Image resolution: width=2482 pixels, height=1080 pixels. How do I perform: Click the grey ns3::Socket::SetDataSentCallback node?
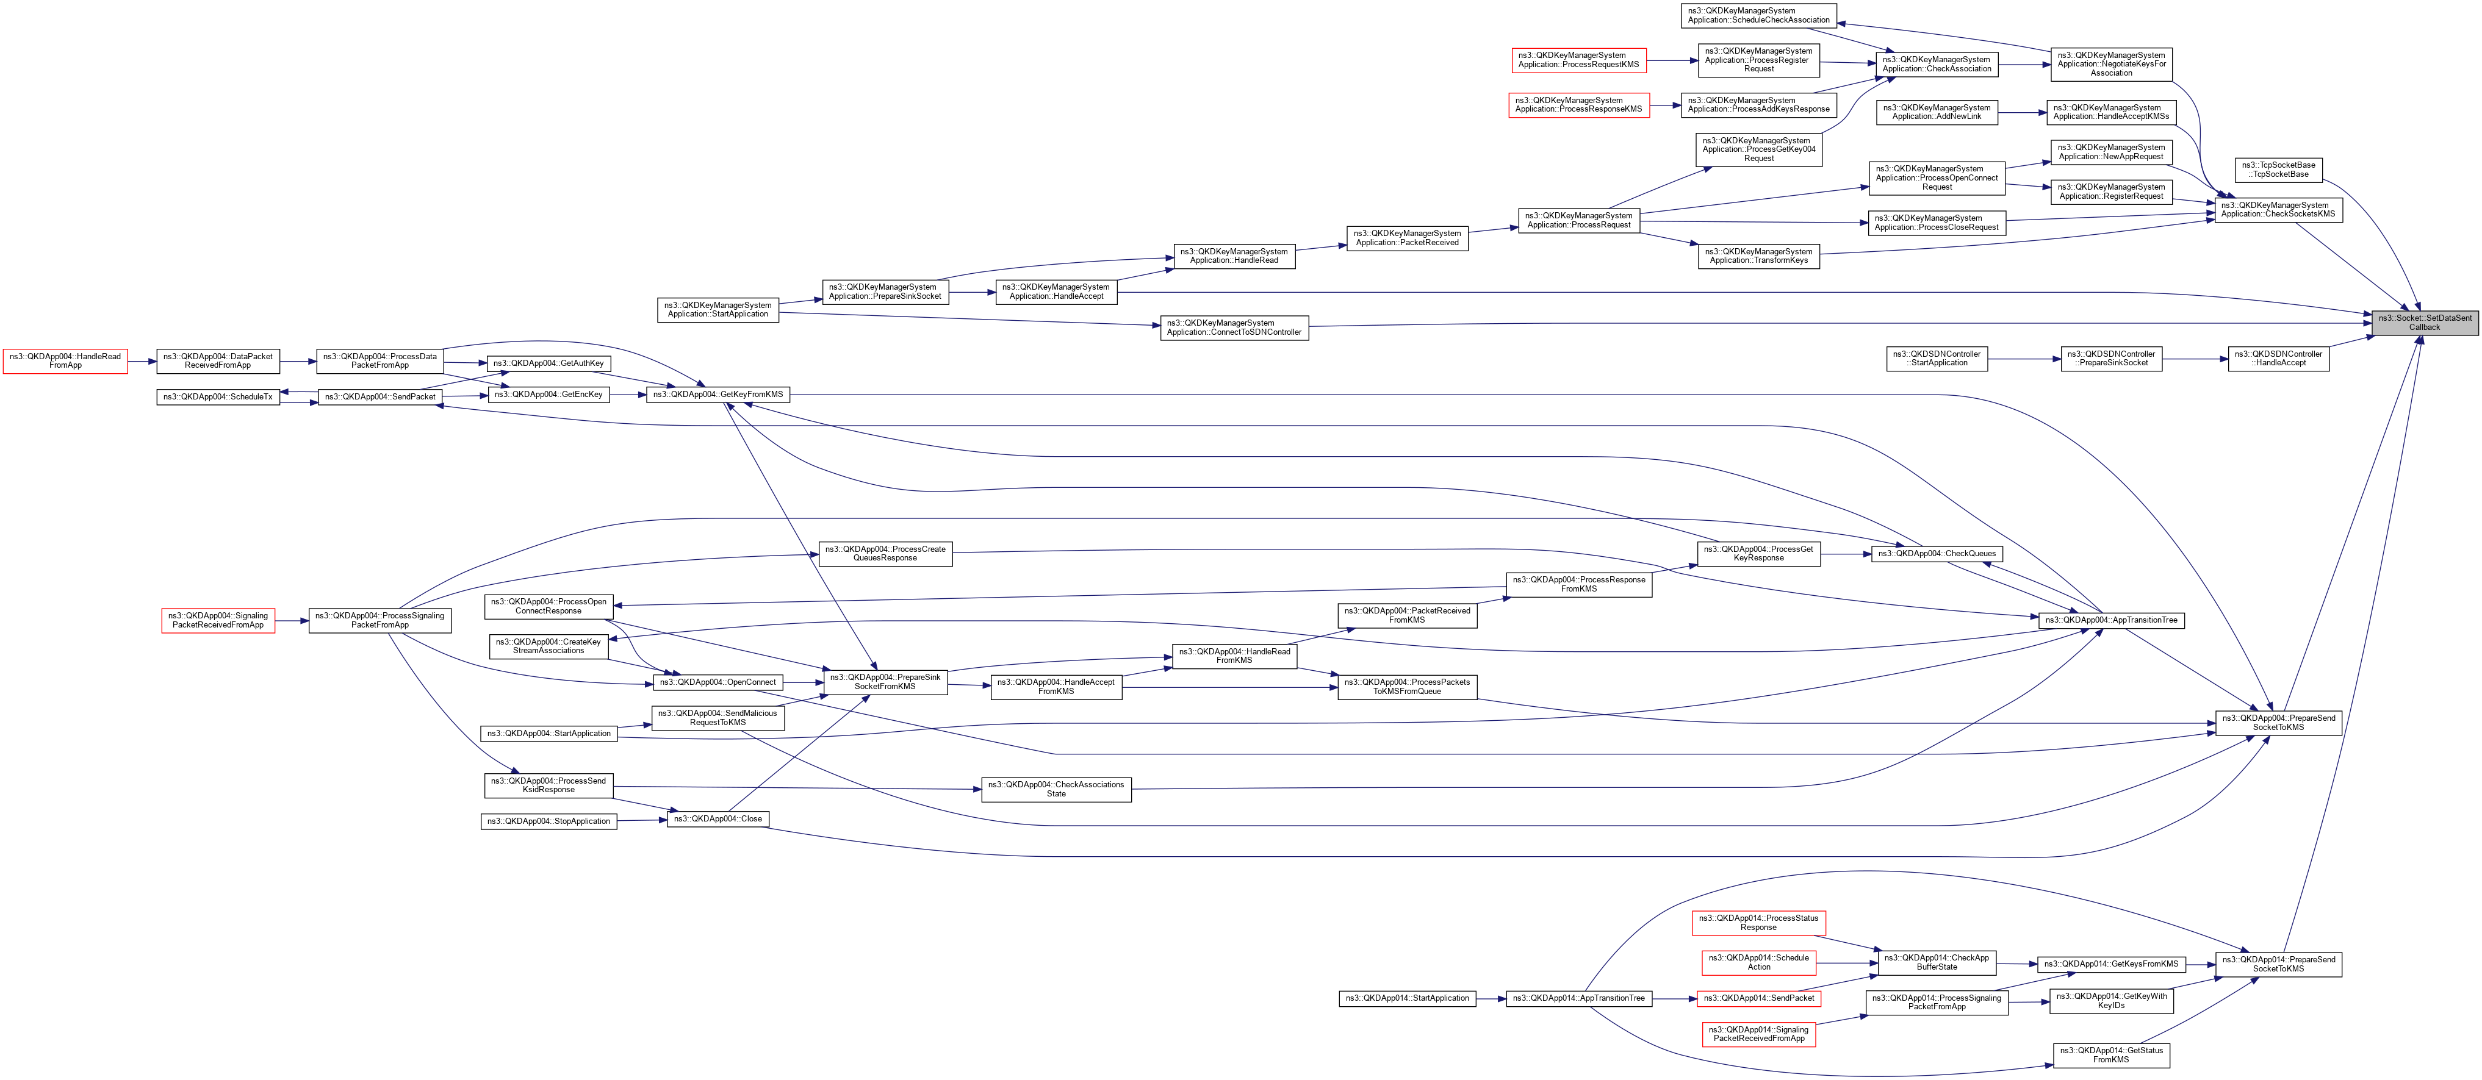click(2423, 323)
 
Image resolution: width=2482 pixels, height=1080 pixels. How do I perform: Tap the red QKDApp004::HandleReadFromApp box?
click(65, 361)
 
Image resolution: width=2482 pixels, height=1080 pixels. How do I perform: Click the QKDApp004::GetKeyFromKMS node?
click(718, 394)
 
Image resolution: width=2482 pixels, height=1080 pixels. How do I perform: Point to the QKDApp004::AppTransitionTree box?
click(2110, 620)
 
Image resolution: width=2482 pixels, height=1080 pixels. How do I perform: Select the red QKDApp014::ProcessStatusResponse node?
click(1758, 923)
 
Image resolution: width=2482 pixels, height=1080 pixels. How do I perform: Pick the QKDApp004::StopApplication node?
click(549, 821)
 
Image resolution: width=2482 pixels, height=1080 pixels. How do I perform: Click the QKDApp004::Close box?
click(718, 819)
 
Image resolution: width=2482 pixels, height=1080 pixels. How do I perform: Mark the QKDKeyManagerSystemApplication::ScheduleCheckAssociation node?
click(1758, 15)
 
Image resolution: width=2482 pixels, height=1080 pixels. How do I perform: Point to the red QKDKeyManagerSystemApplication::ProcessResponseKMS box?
click(1578, 105)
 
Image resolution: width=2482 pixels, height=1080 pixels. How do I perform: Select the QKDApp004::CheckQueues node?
click(1937, 554)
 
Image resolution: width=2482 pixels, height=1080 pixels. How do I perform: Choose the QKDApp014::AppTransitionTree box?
click(1578, 998)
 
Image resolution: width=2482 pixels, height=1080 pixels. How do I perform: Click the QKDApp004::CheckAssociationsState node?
click(1056, 789)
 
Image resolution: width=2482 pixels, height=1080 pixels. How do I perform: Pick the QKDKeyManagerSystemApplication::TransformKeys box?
click(1758, 256)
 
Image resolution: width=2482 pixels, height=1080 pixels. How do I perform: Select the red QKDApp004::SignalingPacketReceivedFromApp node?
click(218, 620)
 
